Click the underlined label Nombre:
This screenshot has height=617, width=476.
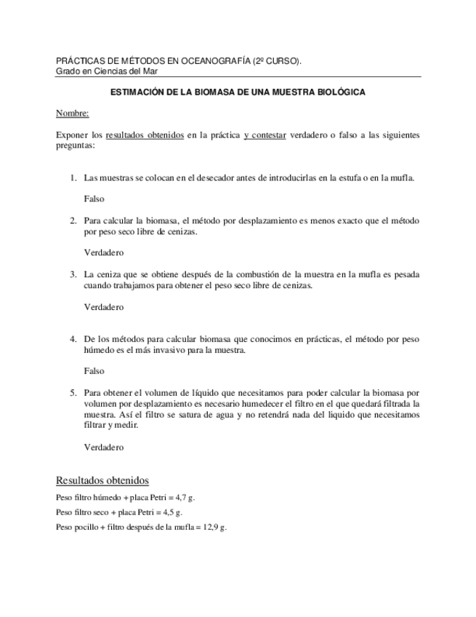point(72,114)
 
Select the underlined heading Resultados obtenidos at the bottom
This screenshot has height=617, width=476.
point(102,480)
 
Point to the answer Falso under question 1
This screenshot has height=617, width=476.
point(94,198)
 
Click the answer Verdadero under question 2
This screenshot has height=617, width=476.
point(104,252)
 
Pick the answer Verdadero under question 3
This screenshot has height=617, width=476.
point(104,307)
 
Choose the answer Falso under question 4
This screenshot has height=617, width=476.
point(94,371)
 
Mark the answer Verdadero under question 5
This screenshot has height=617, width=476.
point(104,447)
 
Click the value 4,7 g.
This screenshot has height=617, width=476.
point(185,498)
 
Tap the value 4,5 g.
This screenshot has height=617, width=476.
point(172,512)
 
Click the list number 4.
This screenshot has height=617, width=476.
point(73,339)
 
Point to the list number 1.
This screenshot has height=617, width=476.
point(73,177)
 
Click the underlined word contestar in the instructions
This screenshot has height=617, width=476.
point(269,135)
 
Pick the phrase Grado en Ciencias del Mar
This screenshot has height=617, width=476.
point(107,71)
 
